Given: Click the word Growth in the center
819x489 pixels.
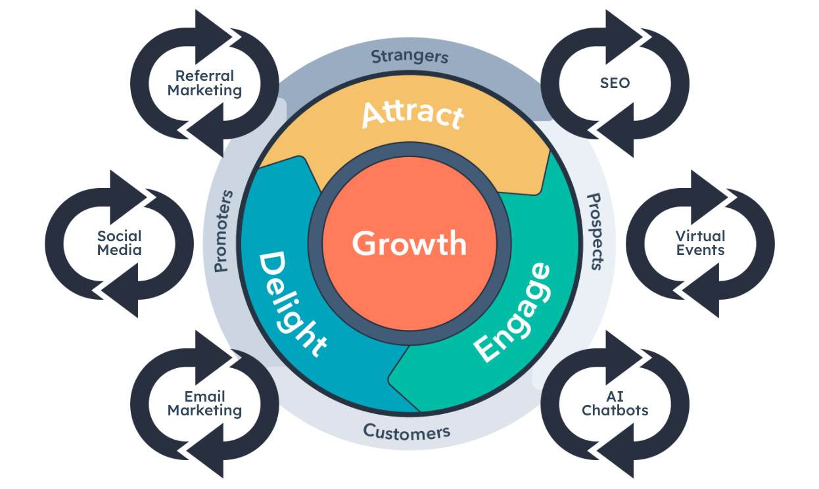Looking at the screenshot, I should pos(409,243).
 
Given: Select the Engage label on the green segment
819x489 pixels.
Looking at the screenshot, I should pos(513,312).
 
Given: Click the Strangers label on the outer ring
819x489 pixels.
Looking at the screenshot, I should pos(410,57).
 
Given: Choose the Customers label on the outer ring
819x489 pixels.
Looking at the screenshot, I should pos(407,432).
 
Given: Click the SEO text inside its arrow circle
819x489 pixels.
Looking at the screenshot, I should pos(615,83).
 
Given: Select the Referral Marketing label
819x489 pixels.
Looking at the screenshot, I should pos(204,83).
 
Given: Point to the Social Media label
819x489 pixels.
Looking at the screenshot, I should pos(119,243).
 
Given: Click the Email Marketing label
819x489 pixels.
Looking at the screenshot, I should pos(204,404).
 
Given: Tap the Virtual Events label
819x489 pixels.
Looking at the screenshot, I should pos(700,243).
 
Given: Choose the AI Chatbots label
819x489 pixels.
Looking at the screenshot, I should pos(615,404).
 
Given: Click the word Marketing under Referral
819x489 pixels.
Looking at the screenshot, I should pos(204,91).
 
